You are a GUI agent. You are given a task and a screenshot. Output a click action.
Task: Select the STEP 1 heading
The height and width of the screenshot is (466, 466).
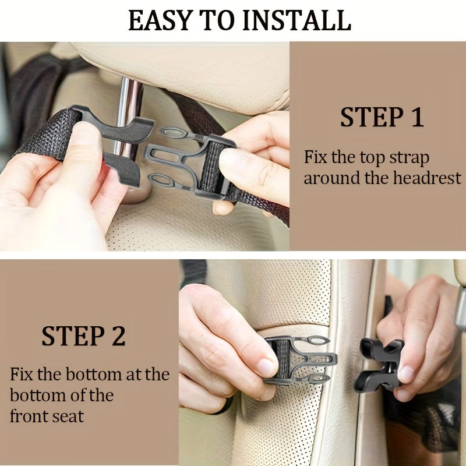pyautogui.click(x=382, y=117)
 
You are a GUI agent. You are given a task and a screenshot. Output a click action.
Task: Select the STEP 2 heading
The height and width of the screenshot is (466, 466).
pyautogui.click(x=83, y=336)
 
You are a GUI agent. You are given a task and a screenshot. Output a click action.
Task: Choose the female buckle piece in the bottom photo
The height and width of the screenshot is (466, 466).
pyautogui.click(x=378, y=364)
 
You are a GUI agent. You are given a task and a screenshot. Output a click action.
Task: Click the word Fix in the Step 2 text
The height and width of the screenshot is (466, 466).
pyautogui.click(x=21, y=374)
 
